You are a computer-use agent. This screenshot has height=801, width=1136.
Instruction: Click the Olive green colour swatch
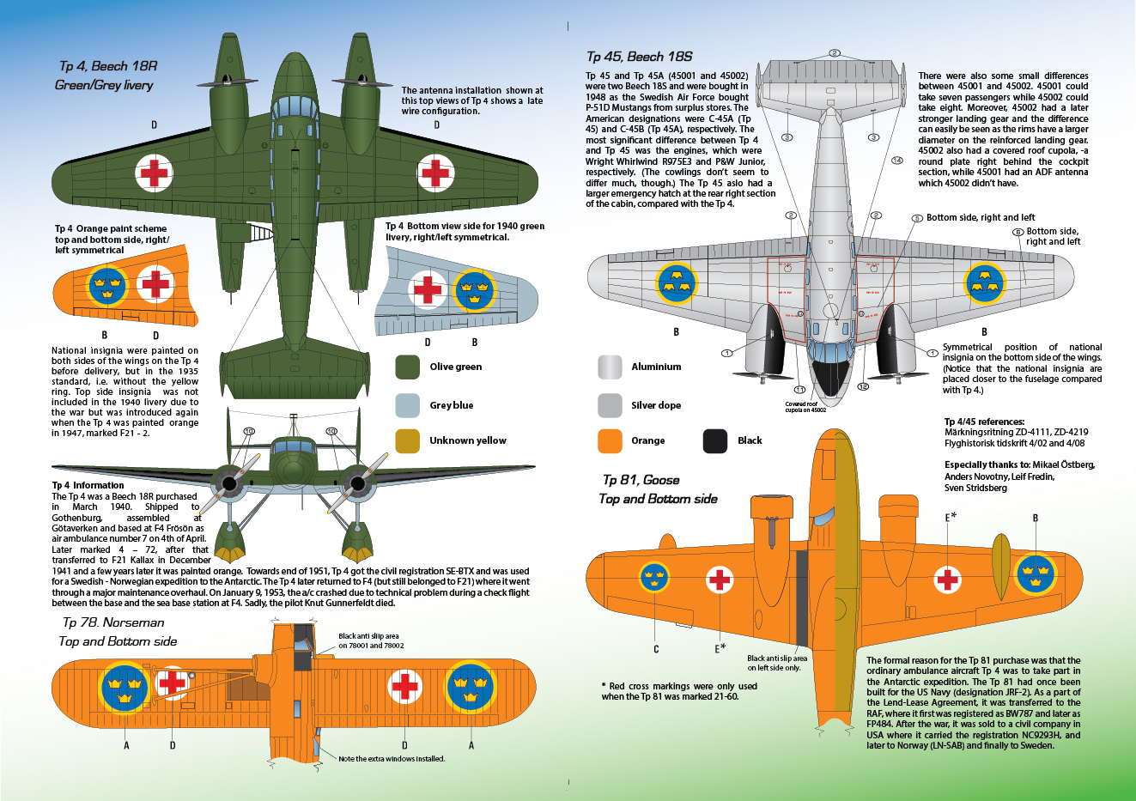pos(407,367)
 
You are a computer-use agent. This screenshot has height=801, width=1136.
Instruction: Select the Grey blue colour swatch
pos(407,405)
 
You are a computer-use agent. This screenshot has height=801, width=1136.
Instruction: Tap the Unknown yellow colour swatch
pos(407,440)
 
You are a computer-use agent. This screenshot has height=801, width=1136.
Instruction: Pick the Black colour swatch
pos(714,440)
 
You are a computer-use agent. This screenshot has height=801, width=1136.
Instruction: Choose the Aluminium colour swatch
pos(610,367)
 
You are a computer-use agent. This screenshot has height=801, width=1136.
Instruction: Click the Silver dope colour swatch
pos(610,405)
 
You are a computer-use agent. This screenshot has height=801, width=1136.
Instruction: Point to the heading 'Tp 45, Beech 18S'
pos(639,57)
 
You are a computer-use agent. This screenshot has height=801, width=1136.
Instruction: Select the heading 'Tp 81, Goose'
pos(641,480)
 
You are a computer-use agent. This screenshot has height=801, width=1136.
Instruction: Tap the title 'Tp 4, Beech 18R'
pos(107,66)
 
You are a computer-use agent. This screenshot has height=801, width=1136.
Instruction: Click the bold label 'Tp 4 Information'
pos(88,485)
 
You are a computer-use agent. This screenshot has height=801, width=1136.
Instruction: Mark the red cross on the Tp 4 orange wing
pos(155,284)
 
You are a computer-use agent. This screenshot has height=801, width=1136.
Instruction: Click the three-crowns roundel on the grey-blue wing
pos(474,290)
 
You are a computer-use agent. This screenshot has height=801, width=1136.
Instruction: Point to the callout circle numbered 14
pos(897,161)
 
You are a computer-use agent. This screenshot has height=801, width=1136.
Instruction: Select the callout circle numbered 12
pos(864,387)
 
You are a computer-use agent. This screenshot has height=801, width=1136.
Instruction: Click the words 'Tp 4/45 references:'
pos(984,422)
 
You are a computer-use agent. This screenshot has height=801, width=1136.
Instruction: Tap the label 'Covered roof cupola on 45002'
pos(805,407)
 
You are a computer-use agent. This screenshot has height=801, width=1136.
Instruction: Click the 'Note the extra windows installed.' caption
pos(392,759)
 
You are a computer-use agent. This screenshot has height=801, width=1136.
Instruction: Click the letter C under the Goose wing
pos(656,649)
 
